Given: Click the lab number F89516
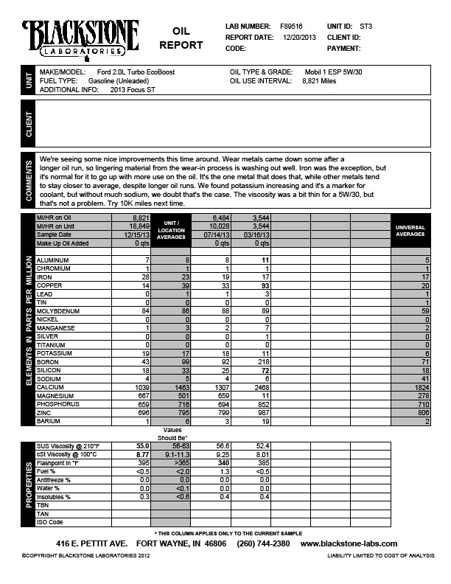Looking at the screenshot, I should click(x=291, y=26).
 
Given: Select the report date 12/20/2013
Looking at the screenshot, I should click(x=298, y=37).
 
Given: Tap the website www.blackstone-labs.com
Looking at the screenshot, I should click(x=353, y=543).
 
